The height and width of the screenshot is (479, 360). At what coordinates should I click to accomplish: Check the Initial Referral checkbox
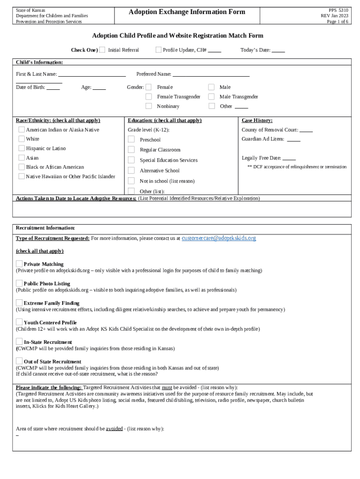(x=102, y=50)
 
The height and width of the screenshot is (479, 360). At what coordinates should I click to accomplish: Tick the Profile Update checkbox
(x=158, y=50)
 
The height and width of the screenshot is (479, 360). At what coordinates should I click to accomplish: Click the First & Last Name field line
(x=92, y=75)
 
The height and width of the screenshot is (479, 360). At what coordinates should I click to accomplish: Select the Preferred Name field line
(x=211, y=75)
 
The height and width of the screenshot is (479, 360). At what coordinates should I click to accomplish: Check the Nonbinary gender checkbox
(x=149, y=106)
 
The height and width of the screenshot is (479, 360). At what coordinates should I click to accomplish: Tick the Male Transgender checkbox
(x=212, y=97)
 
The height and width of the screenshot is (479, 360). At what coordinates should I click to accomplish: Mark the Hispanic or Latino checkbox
(x=22, y=148)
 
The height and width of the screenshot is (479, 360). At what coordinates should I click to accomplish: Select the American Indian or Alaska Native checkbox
(x=22, y=130)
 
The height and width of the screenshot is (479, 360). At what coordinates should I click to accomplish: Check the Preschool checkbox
(x=131, y=139)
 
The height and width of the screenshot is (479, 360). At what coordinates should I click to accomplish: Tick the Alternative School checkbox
(x=131, y=170)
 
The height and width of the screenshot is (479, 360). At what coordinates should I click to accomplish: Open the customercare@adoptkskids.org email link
(x=219, y=238)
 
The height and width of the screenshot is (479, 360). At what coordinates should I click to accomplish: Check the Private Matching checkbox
(x=19, y=264)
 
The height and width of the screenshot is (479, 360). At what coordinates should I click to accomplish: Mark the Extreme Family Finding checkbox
(x=19, y=303)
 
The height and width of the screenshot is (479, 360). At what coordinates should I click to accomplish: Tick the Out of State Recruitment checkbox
(x=19, y=361)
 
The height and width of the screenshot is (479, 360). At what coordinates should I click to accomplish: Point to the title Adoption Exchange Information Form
(x=187, y=12)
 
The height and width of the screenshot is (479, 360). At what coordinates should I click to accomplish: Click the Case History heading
(x=257, y=121)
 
